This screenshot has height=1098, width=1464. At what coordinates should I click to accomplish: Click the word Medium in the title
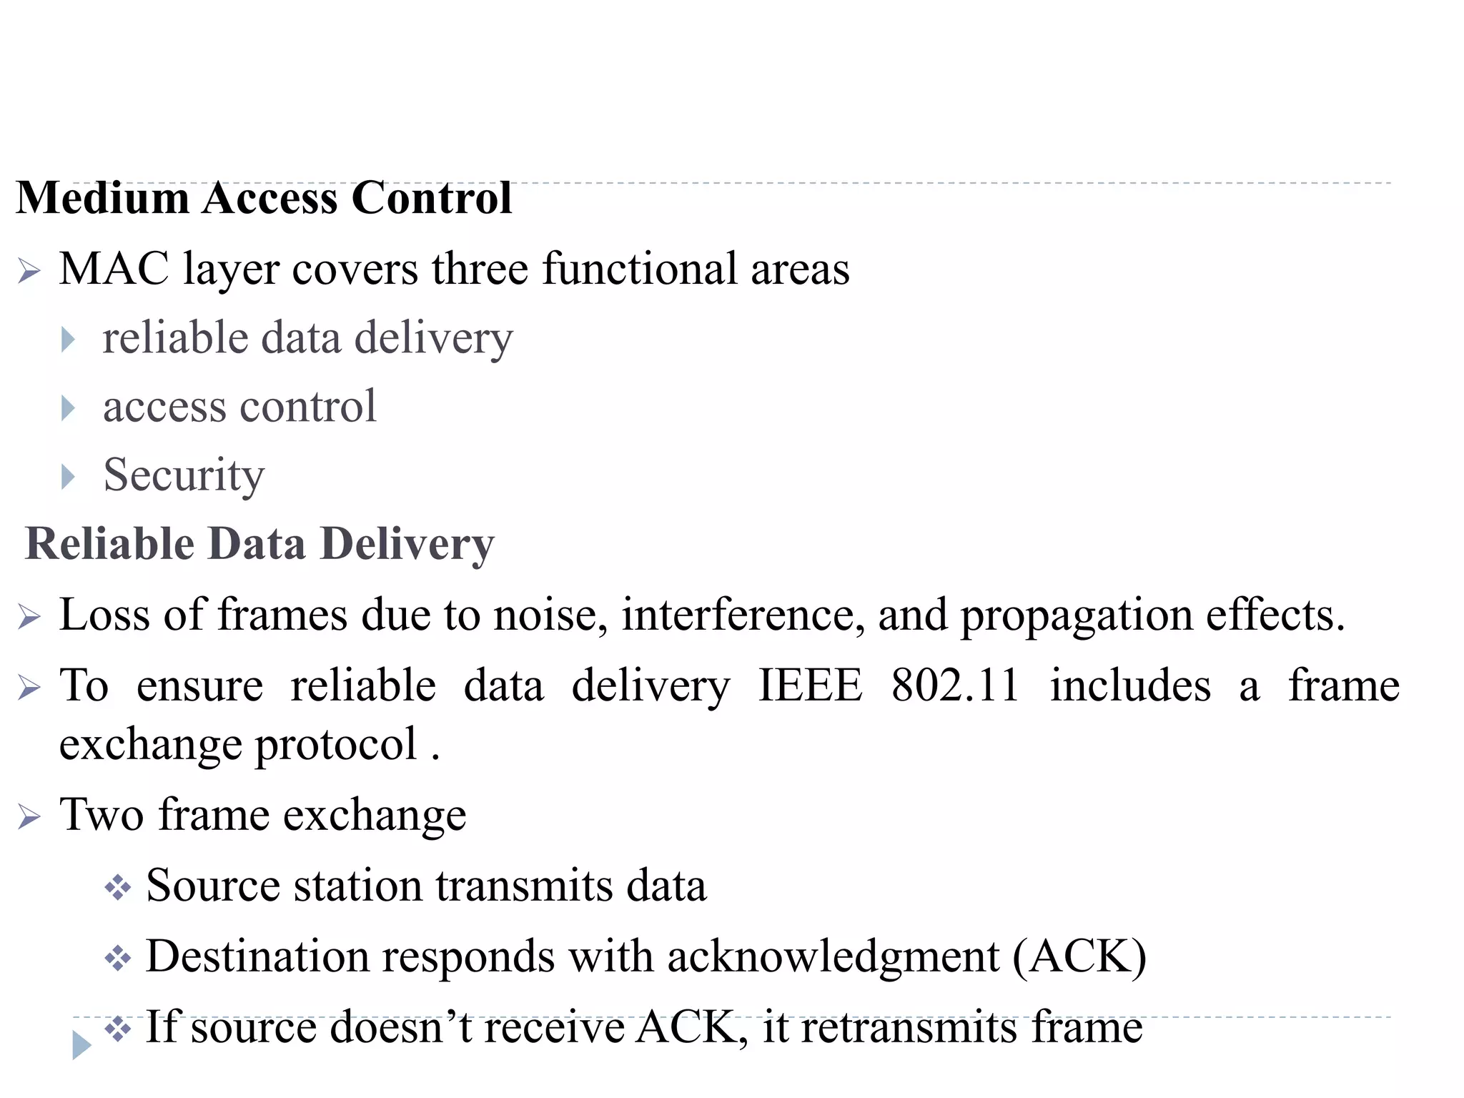[102, 198]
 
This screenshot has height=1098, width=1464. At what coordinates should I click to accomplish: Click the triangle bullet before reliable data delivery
[68, 340]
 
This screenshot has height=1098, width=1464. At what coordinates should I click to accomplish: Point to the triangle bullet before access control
[68, 408]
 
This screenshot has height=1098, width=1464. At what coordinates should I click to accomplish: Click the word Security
[184, 475]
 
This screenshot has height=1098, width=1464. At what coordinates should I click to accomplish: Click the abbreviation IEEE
[810, 686]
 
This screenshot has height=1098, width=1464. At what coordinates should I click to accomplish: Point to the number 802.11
[955, 686]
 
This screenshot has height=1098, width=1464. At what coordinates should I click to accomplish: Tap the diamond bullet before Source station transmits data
[118, 888]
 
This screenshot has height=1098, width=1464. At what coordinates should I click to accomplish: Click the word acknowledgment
[833, 956]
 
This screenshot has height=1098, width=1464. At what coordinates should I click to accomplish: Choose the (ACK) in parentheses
[1079, 956]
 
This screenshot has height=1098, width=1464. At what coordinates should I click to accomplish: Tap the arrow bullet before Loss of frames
[29, 616]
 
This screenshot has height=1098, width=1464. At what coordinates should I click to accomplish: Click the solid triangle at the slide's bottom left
[81, 1045]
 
